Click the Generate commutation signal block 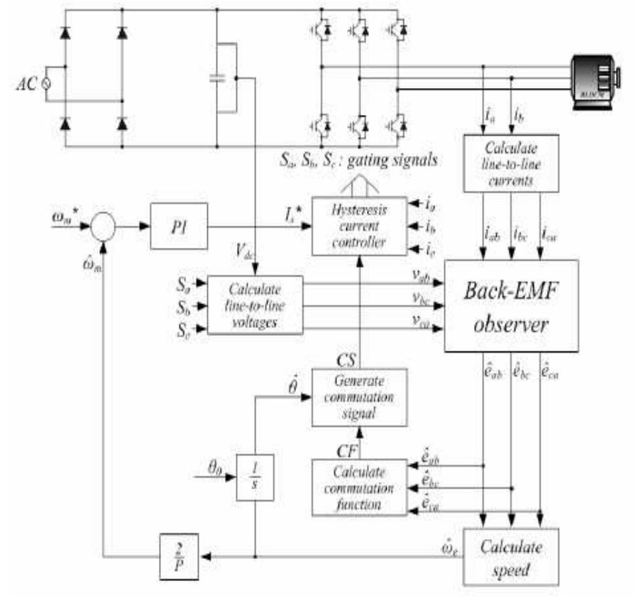tap(359, 397)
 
